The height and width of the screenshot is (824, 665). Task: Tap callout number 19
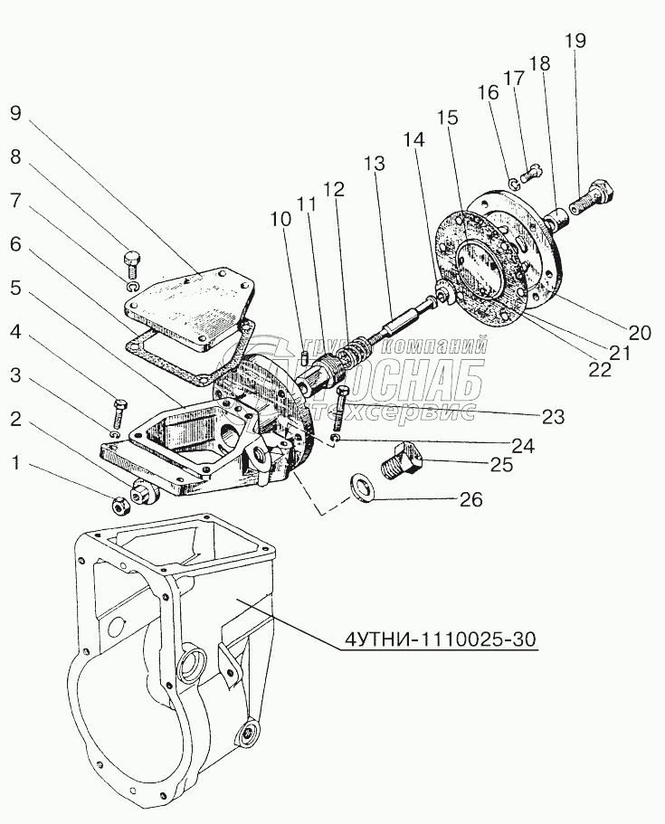(x=575, y=40)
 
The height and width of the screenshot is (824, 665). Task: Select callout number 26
(x=470, y=498)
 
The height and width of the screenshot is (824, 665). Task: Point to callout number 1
(x=14, y=464)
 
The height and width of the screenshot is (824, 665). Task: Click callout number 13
(x=374, y=164)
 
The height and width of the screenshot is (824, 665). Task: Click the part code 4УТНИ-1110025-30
(x=441, y=639)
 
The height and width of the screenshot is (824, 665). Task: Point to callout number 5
(x=14, y=289)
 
